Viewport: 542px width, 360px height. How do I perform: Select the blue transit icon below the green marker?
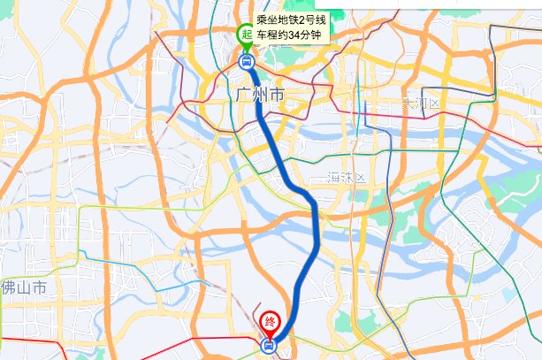tap(246, 62)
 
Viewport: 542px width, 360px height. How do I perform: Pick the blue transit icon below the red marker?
tap(269, 346)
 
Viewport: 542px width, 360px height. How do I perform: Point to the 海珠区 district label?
tap(347, 177)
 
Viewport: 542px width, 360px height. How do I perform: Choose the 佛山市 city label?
tap(23, 287)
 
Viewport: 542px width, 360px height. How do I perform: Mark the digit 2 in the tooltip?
tap(302, 19)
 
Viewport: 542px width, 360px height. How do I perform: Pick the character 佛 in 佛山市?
tap(8, 287)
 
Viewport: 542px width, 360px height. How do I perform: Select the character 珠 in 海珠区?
tap(347, 177)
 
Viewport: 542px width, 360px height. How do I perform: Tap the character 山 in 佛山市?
tap(24, 287)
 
